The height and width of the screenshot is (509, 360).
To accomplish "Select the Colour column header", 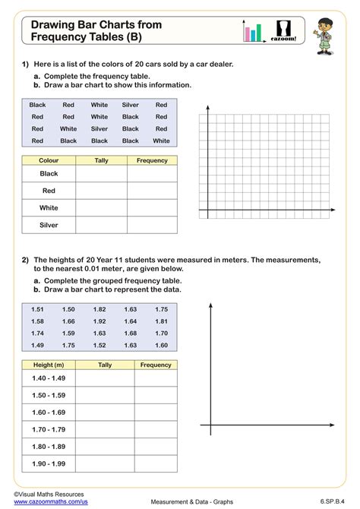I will click(49, 160).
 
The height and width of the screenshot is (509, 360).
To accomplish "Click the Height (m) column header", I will click(49, 365).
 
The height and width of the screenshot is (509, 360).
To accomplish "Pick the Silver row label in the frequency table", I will click(49, 225).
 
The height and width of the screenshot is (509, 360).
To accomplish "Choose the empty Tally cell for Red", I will click(101, 191).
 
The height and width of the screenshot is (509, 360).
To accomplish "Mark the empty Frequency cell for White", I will click(152, 207).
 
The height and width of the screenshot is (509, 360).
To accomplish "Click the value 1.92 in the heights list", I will click(99, 321).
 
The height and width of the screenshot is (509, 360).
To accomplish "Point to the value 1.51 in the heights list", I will click(38, 309).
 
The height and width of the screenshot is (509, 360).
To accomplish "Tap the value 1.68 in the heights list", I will click(131, 333).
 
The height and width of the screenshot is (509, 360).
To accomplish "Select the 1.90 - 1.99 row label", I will click(49, 463).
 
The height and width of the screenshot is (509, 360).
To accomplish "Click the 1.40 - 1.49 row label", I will click(49, 378).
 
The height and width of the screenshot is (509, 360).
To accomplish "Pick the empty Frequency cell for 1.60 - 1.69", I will click(156, 412).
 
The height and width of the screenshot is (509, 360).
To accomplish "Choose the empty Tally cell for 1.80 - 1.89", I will click(104, 446).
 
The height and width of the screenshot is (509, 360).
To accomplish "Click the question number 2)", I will click(25, 259).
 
